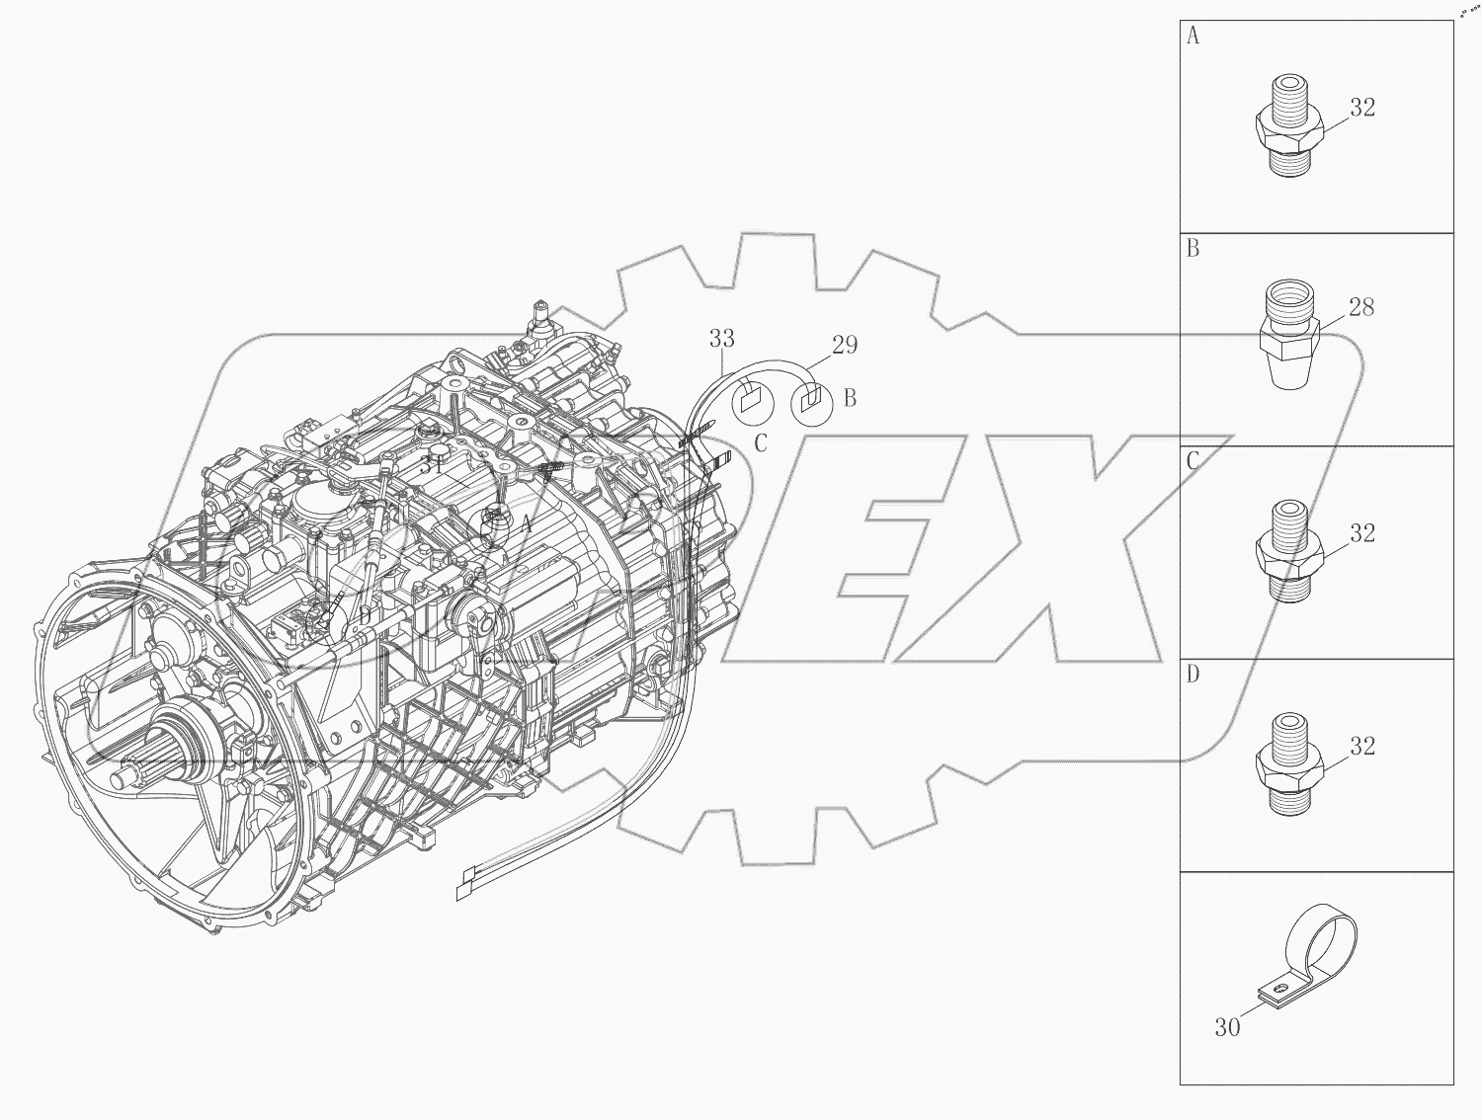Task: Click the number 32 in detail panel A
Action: [1361, 108]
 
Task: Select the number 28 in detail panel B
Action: [1360, 308]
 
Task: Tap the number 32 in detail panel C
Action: [1361, 533]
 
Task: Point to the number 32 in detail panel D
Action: [1361, 747]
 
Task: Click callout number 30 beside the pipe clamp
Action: [1227, 1028]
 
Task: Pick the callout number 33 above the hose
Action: [722, 339]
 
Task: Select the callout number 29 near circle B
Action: [845, 345]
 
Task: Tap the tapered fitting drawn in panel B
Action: [1289, 334]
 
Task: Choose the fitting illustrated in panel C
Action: [1288, 550]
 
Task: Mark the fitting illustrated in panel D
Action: [1288, 763]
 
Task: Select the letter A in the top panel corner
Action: [1194, 37]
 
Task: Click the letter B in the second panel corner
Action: [1194, 249]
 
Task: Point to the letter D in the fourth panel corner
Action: [1194, 675]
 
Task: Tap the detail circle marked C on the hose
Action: [751, 402]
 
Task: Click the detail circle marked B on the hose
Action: [812, 402]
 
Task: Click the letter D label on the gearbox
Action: [365, 616]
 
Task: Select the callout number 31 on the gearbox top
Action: [432, 464]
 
